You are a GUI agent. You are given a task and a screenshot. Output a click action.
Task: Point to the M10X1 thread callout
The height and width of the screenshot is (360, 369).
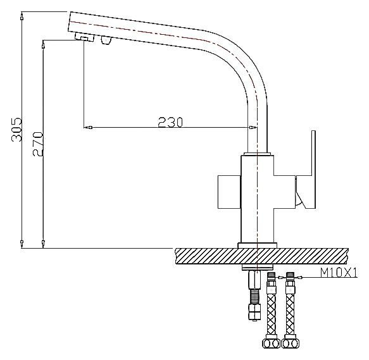(x=339, y=273)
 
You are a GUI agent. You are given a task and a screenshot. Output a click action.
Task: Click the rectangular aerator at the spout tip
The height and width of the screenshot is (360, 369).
(x=82, y=38)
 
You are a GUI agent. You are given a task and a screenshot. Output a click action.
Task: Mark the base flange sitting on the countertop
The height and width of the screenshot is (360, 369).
(x=256, y=244)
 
